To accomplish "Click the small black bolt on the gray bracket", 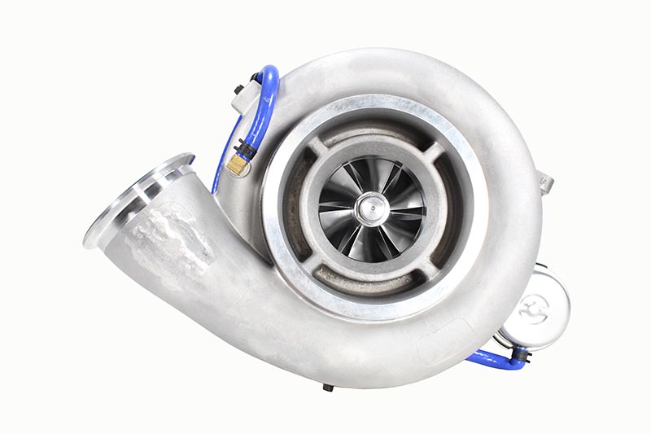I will point(239,89).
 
